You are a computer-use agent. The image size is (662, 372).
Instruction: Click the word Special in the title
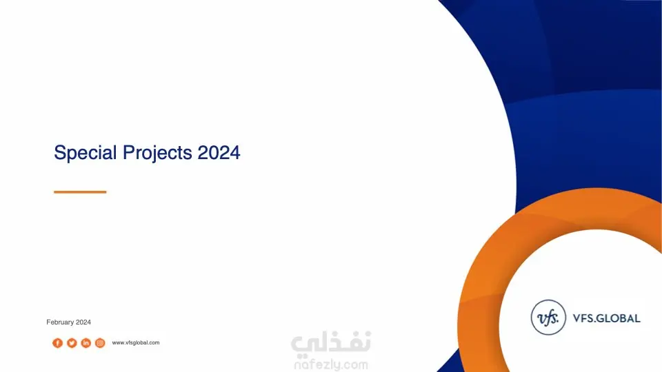86,153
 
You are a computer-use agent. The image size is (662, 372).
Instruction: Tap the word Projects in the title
157,153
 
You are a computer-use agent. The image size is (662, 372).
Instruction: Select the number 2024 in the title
219,152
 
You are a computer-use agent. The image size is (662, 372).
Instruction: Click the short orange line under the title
80,192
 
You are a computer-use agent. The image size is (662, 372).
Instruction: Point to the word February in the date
60,322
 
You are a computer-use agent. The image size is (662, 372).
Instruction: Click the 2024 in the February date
83,322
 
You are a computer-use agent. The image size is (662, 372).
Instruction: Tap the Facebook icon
57,343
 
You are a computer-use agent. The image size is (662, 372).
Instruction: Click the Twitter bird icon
72,343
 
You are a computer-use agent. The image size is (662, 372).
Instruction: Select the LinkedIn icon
86,343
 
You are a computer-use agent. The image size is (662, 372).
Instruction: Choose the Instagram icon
100,343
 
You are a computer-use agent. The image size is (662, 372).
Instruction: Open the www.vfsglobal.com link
136,342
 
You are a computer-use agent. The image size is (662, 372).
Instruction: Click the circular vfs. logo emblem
548,318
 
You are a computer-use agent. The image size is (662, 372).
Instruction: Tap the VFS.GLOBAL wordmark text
607,318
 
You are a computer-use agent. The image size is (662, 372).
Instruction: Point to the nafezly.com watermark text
332,364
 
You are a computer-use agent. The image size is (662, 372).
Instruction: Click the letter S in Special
60,152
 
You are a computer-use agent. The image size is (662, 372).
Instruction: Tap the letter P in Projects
128,152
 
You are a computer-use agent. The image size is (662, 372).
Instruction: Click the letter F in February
48,322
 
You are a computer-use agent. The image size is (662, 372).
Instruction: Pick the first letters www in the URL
118,343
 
